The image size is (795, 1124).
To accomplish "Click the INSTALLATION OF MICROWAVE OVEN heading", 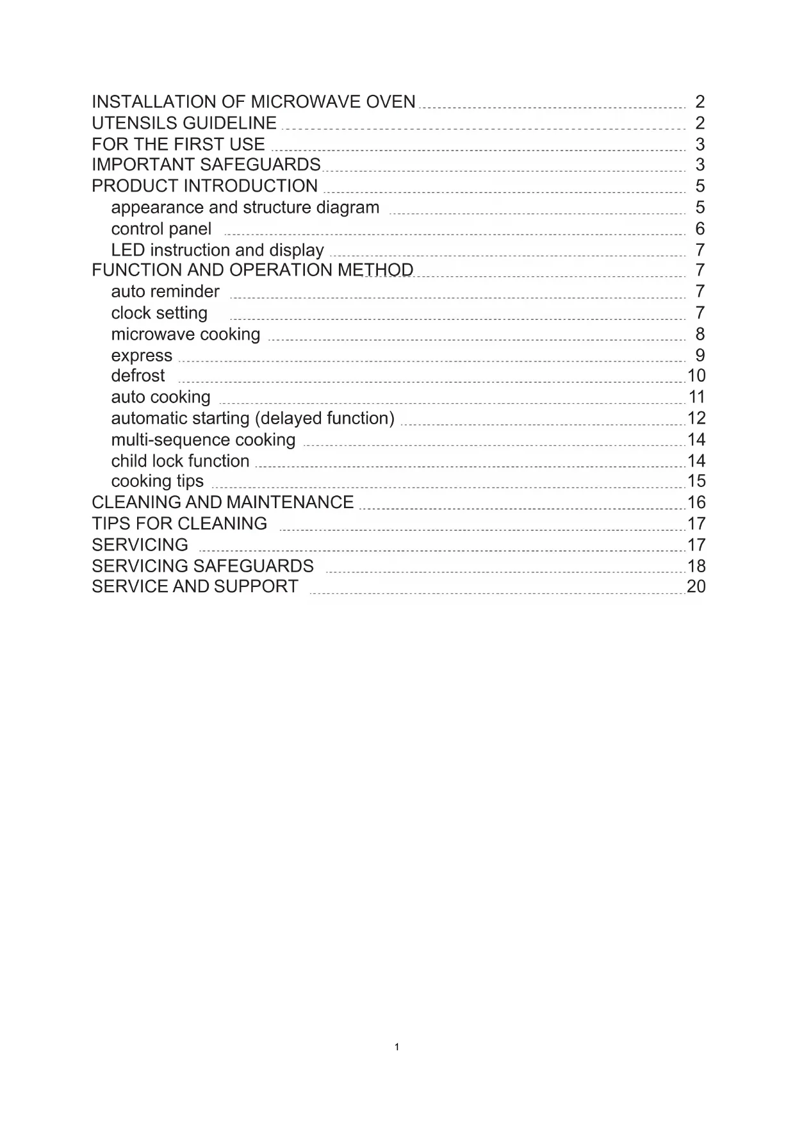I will click(x=253, y=102).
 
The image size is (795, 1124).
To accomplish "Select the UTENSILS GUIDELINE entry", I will click(x=184, y=123).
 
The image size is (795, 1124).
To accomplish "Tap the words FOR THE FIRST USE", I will click(x=178, y=144).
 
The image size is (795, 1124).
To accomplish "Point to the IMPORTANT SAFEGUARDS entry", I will click(x=206, y=165).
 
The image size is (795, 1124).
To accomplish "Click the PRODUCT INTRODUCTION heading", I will click(x=204, y=186).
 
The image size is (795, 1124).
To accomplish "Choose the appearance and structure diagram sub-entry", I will click(x=245, y=208).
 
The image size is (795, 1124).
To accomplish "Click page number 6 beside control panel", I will click(x=700, y=229).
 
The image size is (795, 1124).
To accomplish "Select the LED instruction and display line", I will click(x=217, y=250).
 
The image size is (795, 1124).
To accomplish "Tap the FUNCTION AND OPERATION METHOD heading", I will click(x=252, y=270).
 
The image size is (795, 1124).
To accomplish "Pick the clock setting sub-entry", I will click(x=159, y=313).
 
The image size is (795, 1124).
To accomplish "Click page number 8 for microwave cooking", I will click(x=700, y=334).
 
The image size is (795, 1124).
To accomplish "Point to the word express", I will click(x=142, y=356).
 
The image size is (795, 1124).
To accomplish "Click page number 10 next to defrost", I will click(x=696, y=376).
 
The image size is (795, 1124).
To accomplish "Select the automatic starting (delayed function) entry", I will click(x=252, y=418).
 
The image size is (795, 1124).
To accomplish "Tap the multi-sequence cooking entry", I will click(x=203, y=440).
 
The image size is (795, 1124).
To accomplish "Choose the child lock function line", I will click(x=180, y=461).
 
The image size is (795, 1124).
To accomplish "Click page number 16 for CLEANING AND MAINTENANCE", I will click(x=696, y=502).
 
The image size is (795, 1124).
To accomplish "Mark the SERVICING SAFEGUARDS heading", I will click(x=202, y=566).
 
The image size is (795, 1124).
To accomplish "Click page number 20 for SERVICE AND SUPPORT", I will click(x=696, y=586).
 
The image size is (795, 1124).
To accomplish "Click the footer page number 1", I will click(x=397, y=1047).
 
